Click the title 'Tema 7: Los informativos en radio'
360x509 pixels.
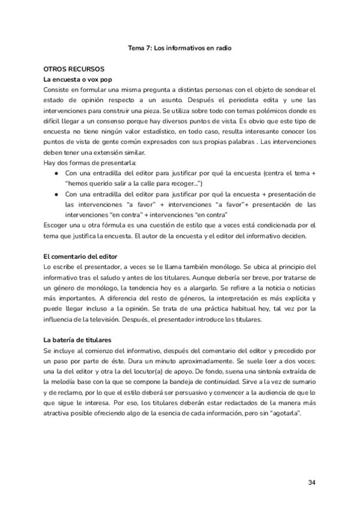(x=180, y=47)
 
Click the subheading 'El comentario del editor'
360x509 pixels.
(x=80, y=257)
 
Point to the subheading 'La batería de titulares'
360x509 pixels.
(x=78, y=340)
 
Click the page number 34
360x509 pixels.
(x=311, y=483)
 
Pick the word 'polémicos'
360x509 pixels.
(x=256, y=110)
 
